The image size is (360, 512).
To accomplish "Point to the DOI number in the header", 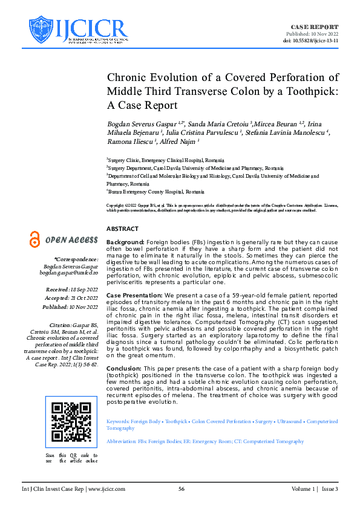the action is [x=319, y=41].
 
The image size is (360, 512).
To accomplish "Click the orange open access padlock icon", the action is [x=35, y=240].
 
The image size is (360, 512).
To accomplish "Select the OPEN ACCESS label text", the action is [x=71, y=241].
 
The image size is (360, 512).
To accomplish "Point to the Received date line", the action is [x=73, y=291].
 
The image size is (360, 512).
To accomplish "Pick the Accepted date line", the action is [x=73, y=299].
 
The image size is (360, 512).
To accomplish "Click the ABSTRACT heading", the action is [x=122, y=229].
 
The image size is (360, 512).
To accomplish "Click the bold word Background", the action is [x=126, y=241].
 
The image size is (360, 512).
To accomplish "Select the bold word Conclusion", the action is [x=125, y=368].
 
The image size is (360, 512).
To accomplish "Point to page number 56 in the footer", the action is [x=180, y=488].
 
